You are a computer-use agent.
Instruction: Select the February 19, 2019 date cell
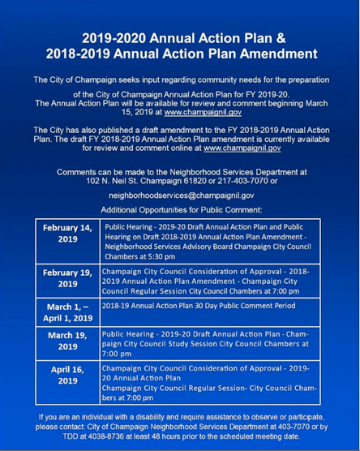coord(66,278)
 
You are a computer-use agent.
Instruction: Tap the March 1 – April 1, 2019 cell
coord(66,312)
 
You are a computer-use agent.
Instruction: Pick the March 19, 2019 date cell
coord(66,341)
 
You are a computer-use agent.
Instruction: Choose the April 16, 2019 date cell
coord(66,379)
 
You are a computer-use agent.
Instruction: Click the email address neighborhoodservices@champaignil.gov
coord(181,195)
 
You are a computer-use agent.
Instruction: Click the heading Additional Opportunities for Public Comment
coord(181,209)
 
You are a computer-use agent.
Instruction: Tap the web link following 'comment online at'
coord(242,148)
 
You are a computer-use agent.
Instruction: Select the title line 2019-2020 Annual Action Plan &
coord(180,37)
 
